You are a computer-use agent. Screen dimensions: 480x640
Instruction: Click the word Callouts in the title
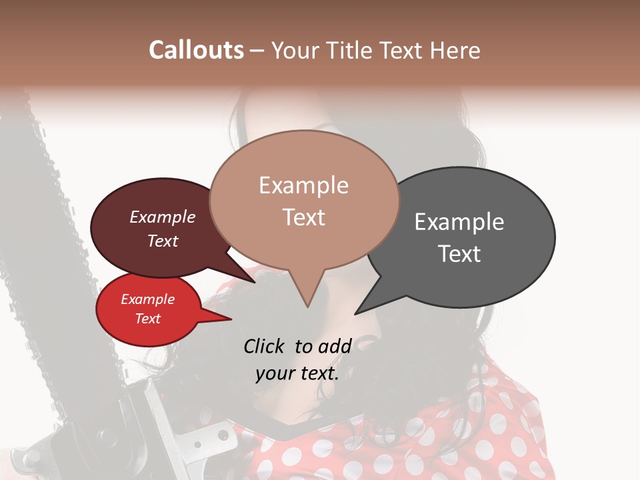(x=196, y=50)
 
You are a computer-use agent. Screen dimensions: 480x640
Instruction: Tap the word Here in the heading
(x=455, y=50)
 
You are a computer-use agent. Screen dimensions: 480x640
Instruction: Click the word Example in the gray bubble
(x=459, y=222)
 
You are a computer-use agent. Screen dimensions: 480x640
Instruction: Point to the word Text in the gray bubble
(x=459, y=254)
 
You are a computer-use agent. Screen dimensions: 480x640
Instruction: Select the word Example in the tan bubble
(x=303, y=185)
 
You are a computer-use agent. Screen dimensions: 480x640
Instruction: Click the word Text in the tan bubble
(x=303, y=217)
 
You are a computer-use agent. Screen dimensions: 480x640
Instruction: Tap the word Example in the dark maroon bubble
(x=162, y=217)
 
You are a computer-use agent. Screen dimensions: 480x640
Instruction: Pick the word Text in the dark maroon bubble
(x=162, y=241)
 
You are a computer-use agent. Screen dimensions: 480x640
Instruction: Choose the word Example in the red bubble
(x=147, y=299)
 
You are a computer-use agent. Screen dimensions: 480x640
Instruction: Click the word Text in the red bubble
(x=147, y=319)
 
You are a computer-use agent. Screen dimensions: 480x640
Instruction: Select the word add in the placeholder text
(x=335, y=346)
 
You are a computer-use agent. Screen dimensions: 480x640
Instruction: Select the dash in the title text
(x=257, y=51)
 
